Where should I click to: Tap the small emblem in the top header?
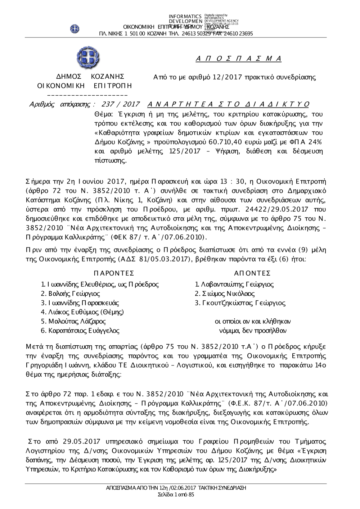click(75, 28)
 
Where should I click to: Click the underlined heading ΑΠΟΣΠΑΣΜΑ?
click(238, 59)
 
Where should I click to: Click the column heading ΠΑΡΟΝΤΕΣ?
click(114, 273)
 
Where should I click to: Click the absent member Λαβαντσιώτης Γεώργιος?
click(234, 284)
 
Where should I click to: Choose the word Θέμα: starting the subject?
click(104, 114)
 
